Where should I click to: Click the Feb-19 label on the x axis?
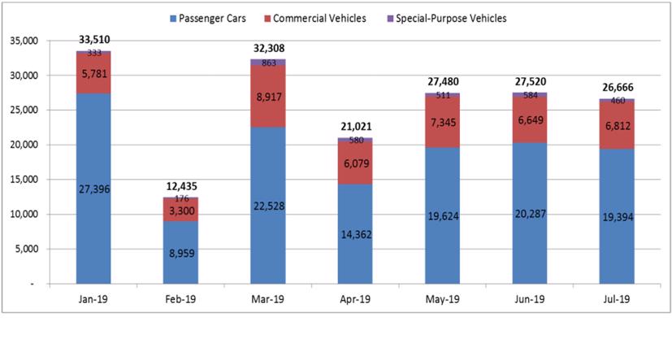coord(181,299)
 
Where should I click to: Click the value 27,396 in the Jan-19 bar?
coord(94,189)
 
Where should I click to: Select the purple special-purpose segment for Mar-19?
coord(268,63)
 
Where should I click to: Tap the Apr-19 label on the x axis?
coord(355,299)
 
